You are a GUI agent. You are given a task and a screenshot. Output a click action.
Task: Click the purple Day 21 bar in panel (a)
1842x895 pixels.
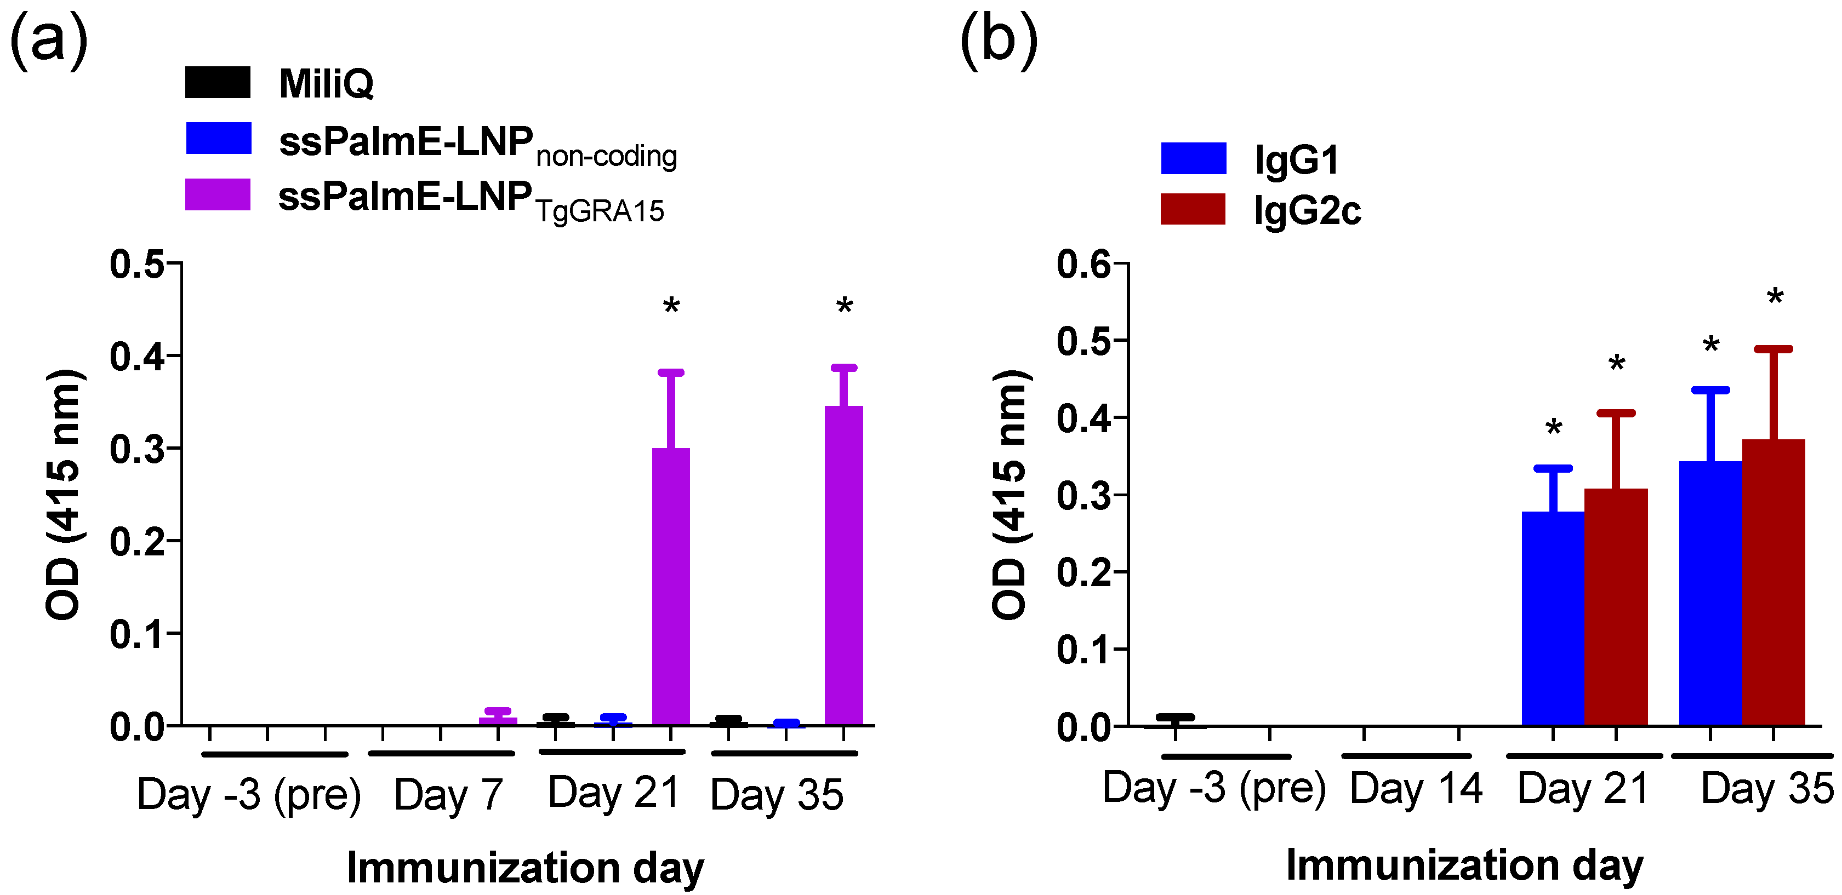671,586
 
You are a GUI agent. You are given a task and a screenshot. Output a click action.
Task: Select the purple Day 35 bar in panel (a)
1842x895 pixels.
844,565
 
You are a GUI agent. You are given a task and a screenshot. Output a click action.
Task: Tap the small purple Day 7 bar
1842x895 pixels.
498,721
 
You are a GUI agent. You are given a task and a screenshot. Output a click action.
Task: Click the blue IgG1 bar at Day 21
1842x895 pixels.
1553,618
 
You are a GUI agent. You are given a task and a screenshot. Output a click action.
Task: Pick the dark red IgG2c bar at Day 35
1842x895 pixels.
1773,583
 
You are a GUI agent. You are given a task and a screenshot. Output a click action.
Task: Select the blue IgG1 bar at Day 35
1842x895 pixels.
1710,593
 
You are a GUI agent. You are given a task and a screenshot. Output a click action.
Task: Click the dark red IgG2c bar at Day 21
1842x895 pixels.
1616,607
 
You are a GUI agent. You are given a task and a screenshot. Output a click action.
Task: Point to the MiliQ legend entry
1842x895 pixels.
326,84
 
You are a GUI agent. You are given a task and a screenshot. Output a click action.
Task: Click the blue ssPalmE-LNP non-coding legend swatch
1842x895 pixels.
218,138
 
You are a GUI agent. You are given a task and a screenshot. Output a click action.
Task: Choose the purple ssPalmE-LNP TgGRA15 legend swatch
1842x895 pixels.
218,194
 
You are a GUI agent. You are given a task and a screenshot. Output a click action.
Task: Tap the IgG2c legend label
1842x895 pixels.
1307,211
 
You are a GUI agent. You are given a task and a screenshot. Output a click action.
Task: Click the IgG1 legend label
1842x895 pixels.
1296,159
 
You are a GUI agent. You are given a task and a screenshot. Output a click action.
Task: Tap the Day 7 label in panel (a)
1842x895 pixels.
448,794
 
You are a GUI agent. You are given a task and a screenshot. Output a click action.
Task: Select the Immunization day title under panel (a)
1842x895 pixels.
526,868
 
